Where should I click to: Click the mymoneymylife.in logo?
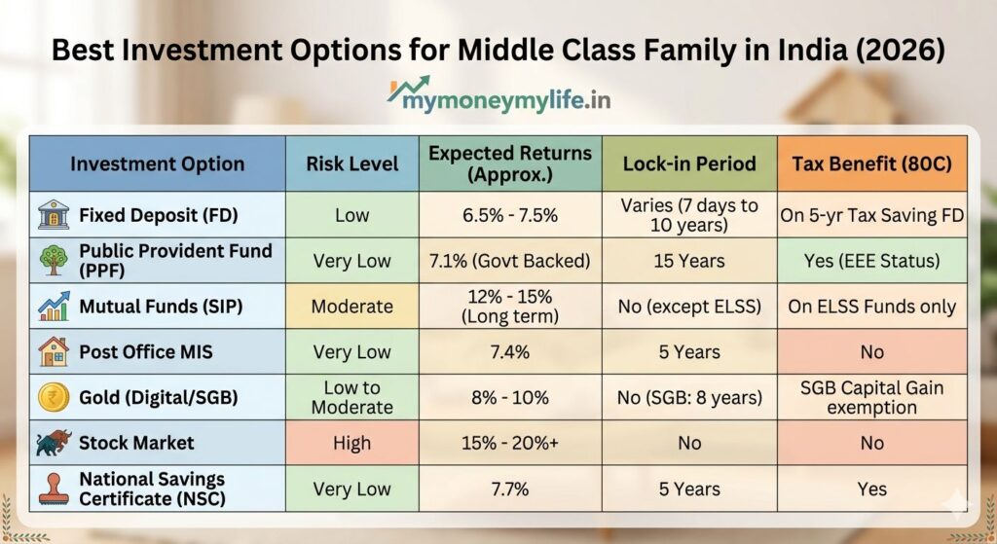tap(499, 95)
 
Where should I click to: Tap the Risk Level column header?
tap(351, 163)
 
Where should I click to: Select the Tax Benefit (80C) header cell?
tap(871, 163)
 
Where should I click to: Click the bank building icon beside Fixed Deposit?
tap(54, 215)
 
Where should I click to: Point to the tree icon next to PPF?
tap(54, 261)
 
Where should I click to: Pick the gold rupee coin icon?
tap(55, 397)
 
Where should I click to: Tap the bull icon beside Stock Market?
tap(55, 443)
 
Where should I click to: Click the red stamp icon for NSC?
tap(55, 489)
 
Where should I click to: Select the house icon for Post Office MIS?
tap(54, 351)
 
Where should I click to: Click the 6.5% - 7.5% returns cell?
tap(510, 215)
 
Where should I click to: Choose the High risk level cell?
tap(351, 443)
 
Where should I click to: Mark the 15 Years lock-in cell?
tap(689, 261)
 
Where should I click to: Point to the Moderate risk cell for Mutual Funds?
tap(351, 307)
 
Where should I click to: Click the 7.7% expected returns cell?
tap(510, 489)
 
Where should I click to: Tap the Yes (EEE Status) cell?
tap(871, 261)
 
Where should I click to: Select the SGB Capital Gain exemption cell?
tap(871, 397)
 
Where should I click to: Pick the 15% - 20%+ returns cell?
tap(510, 443)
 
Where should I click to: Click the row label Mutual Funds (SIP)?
tap(161, 307)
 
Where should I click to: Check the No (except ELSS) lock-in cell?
tap(689, 307)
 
